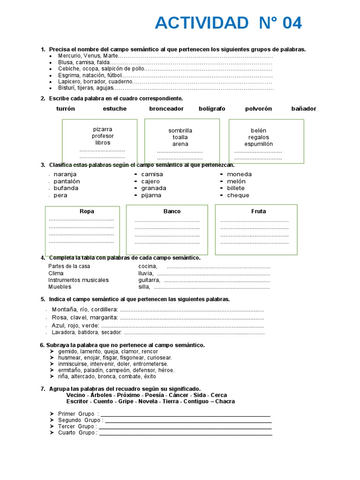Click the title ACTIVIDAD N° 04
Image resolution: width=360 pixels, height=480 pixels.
click(228, 23)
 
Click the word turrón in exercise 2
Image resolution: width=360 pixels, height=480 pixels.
click(66, 109)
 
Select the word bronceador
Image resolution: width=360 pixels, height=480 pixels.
click(166, 109)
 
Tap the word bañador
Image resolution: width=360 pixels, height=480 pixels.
click(304, 109)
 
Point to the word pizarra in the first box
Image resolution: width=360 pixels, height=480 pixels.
click(103, 129)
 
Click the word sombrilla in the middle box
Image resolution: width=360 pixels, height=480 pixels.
click(180, 131)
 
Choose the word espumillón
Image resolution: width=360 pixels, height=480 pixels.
click(258, 144)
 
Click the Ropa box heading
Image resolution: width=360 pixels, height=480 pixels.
click(87, 211)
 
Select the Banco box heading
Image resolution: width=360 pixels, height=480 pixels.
click(172, 211)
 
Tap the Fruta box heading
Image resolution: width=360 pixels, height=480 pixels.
click(258, 211)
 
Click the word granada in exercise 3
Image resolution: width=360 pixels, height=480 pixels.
click(154, 188)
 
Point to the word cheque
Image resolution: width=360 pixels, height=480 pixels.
click(238, 195)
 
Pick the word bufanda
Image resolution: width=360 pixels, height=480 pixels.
click(66, 188)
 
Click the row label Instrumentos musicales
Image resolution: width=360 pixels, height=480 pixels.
click(78, 280)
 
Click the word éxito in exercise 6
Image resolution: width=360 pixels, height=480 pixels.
click(150, 376)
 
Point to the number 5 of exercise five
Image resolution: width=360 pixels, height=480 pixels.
click(43, 299)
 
